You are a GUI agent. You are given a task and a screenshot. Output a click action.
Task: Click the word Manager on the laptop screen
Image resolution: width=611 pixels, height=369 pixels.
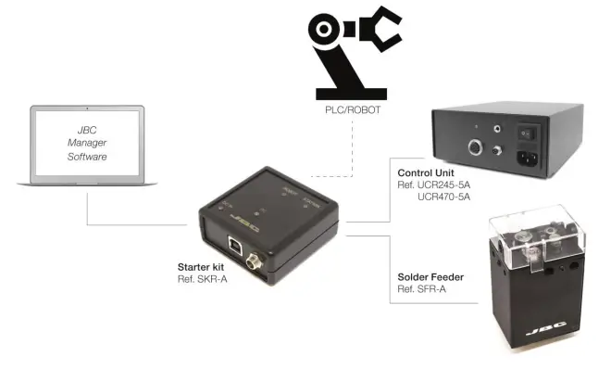tap(87, 143)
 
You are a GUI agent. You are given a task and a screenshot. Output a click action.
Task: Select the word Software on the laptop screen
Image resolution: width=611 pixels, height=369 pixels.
tap(87, 157)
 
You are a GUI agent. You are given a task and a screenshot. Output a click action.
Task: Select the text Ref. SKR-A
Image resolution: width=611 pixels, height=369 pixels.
tap(202, 278)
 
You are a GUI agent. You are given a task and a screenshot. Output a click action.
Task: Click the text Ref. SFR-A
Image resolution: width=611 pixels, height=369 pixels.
tap(420, 289)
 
